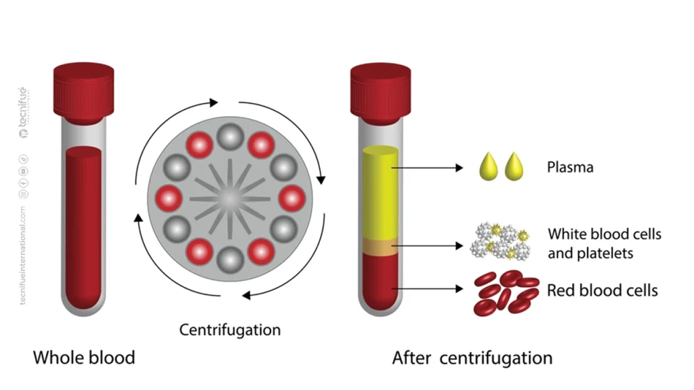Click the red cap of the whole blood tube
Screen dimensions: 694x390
pyautogui.click(x=83, y=93)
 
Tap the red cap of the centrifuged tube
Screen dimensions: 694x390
pyautogui.click(x=381, y=93)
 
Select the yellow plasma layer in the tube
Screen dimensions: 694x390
pyautogui.click(x=381, y=192)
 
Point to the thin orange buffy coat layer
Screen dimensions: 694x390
pyautogui.click(x=381, y=246)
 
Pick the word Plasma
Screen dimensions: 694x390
pyautogui.click(x=570, y=168)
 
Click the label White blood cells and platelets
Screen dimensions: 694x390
pyautogui.click(x=605, y=243)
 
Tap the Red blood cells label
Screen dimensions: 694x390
pyautogui.click(x=603, y=290)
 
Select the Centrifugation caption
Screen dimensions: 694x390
pyautogui.click(x=230, y=330)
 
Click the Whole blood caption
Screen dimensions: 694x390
pyautogui.click(x=84, y=357)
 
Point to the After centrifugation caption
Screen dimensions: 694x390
pyautogui.click(x=472, y=357)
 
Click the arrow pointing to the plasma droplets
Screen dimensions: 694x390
pyautogui.click(x=428, y=168)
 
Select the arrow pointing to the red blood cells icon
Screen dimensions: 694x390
pyautogui.click(x=428, y=288)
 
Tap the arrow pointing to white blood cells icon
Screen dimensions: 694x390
pyautogui.click(x=428, y=245)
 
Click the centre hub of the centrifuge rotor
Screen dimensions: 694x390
pyautogui.click(x=230, y=199)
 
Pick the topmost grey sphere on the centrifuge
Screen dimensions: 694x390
pyautogui.click(x=230, y=137)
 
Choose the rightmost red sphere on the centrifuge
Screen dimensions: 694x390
pyautogui.click(x=292, y=198)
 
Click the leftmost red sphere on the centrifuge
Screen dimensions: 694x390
pyautogui.click(x=169, y=198)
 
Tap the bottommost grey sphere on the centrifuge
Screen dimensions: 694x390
pyautogui.click(x=230, y=260)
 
